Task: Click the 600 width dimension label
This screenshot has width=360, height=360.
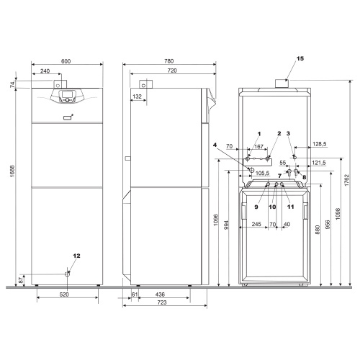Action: tap(66, 61)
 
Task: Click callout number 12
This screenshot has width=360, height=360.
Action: tap(76, 256)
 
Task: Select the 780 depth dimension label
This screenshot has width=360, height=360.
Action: tap(169, 61)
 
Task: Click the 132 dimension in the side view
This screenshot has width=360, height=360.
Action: tap(137, 95)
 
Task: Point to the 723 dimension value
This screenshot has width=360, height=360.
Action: tap(161, 306)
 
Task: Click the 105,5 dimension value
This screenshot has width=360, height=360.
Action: tap(262, 174)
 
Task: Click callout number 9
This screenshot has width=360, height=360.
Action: tap(256, 207)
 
